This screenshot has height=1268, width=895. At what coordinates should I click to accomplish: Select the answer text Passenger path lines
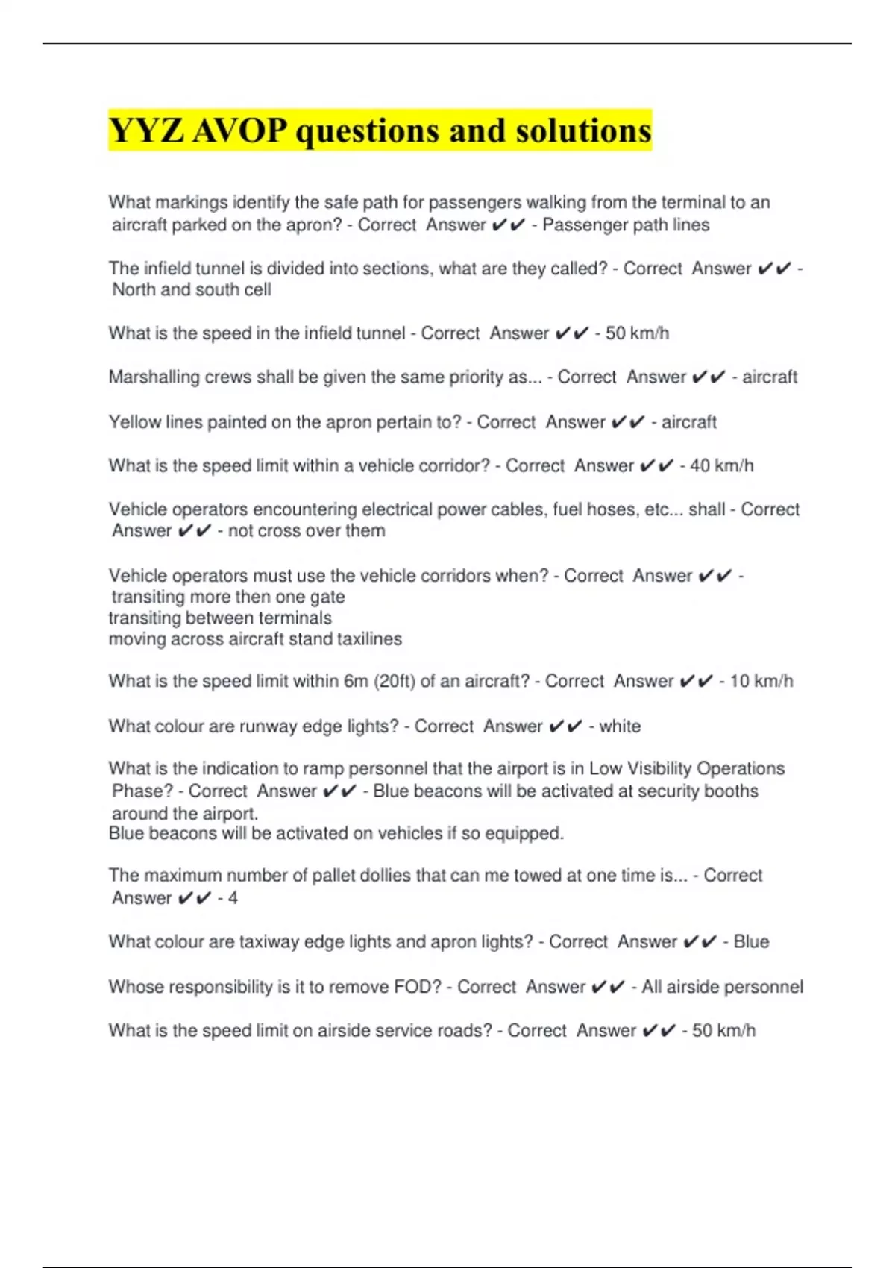coord(626,225)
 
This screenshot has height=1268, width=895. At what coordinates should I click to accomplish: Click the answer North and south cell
coord(192,290)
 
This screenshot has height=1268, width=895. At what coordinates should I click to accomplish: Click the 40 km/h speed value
coord(721,466)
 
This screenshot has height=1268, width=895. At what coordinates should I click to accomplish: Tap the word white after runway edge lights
coord(620,726)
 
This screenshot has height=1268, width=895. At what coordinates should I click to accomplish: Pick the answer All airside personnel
coord(722,987)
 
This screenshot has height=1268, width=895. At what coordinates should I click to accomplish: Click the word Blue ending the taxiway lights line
coord(751,942)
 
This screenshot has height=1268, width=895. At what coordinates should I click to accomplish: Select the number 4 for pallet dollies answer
coord(233,898)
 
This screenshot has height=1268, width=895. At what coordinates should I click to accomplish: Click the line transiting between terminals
coord(220,618)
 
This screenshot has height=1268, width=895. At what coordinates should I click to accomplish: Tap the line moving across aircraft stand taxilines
coord(255,639)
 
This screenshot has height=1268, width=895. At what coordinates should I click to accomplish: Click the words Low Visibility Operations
coord(686,769)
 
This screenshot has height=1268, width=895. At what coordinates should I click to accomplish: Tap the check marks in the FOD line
coord(608,987)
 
